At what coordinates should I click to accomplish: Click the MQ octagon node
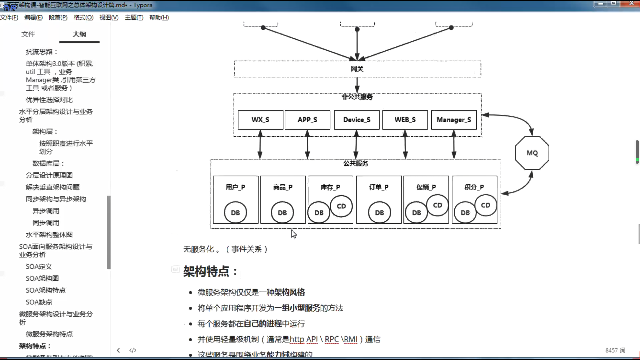(x=532, y=153)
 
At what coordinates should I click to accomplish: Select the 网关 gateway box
(x=357, y=69)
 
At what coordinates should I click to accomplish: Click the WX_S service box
(x=260, y=120)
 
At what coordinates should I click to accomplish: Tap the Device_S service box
(x=357, y=120)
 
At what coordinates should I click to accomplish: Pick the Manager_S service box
(x=454, y=120)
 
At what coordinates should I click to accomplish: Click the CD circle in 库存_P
(x=341, y=206)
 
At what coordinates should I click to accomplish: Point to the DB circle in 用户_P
(x=235, y=213)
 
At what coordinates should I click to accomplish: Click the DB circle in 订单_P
(x=379, y=213)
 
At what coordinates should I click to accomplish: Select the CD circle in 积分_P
(x=486, y=205)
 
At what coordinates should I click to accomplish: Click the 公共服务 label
(x=356, y=163)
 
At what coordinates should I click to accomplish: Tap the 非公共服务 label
(x=357, y=97)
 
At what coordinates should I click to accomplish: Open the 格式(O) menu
(x=83, y=17)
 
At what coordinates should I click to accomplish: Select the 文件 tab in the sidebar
(x=28, y=34)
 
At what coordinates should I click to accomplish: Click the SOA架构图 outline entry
(x=42, y=278)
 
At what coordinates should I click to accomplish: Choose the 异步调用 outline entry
(x=46, y=211)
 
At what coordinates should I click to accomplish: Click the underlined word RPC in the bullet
(x=332, y=339)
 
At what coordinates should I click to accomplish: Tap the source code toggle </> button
(x=133, y=350)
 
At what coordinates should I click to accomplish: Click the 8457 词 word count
(x=615, y=350)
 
